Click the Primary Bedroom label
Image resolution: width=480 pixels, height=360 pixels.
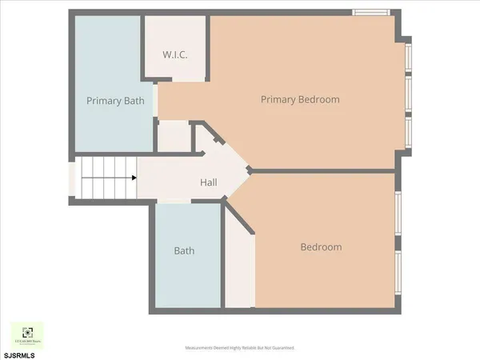(300, 100)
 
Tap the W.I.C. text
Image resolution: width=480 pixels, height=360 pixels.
(174, 55)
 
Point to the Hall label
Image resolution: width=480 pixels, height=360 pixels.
(209, 183)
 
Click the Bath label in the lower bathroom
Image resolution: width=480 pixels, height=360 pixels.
(184, 250)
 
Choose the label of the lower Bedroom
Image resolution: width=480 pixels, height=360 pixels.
(321, 247)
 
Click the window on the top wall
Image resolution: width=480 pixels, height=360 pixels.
(372, 12)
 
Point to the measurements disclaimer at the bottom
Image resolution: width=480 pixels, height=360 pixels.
(240, 348)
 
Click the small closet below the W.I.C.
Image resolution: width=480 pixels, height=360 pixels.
(172, 138)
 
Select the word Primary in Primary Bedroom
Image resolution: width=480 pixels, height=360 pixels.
(279, 100)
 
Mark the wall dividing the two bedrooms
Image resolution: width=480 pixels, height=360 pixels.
(324, 170)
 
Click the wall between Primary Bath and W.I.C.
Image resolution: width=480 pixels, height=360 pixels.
(142, 48)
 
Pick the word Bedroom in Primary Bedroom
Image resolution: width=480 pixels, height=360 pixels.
(319, 100)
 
